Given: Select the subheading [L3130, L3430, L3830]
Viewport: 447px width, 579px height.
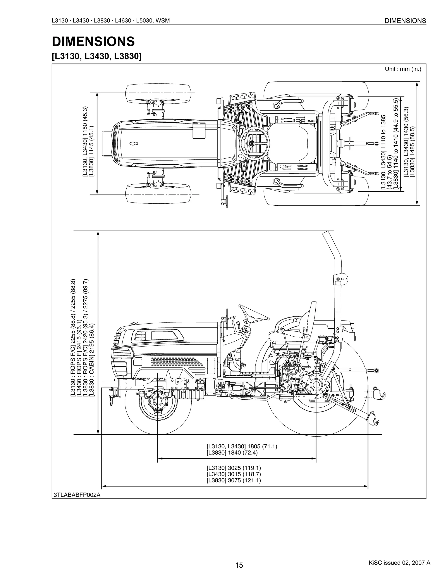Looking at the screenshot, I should [x=97, y=56].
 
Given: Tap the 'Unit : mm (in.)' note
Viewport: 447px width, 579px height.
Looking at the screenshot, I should [x=403, y=69].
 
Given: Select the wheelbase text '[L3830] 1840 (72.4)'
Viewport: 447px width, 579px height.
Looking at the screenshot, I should [x=232, y=453].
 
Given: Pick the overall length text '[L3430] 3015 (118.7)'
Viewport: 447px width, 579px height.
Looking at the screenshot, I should [x=234, y=474].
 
